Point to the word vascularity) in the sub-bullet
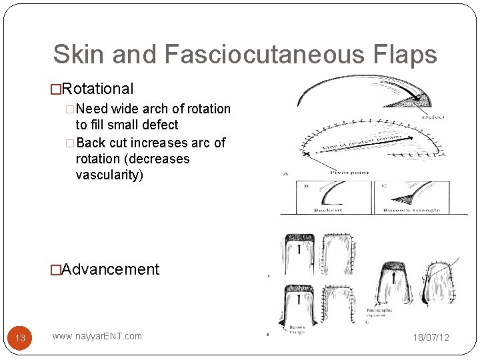(109, 175)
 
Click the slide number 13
(20, 338)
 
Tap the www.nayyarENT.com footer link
(97, 336)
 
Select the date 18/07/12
(431, 337)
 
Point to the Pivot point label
(350, 173)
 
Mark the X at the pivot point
(307, 154)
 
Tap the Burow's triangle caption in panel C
(412, 211)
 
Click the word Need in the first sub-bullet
(94, 109)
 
